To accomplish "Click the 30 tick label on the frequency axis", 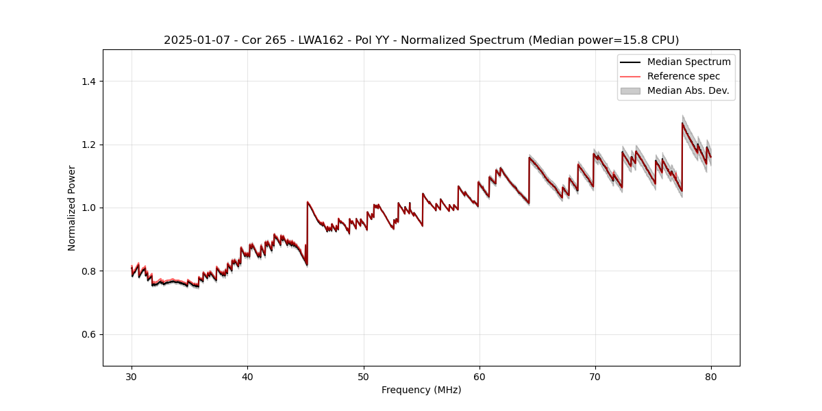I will point(132,376).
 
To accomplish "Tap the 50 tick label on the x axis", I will point(363,376).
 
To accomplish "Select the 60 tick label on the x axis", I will point(479,376).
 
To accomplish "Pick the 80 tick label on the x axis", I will point(711,376).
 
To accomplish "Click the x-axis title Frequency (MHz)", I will point(421,390).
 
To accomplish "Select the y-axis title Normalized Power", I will point(72,208).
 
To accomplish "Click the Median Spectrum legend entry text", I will point(688,62).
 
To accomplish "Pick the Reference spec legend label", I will point(683,76).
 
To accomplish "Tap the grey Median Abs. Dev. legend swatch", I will point(630,90).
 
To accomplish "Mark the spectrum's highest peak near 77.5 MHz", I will point(682,123).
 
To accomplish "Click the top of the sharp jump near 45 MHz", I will point(308,201).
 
